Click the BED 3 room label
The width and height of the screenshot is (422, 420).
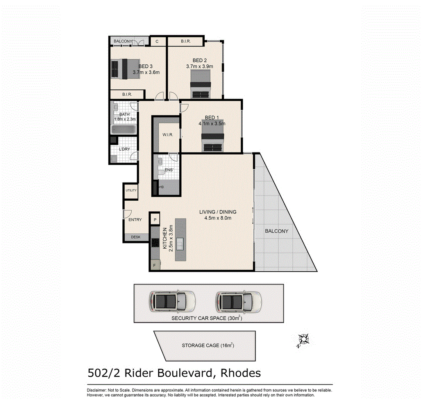click(145, 66)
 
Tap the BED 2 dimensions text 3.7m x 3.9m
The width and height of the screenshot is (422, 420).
click(199, 66)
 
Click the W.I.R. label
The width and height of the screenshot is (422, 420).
click(168, 135)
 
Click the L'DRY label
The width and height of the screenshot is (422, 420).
click(125, 149)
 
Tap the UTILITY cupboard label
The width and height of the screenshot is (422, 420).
click(131, 190)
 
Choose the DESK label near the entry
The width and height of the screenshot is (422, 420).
click(136, 237)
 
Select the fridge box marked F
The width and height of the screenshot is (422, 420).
click(155, 265)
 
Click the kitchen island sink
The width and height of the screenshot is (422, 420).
click(180, 244)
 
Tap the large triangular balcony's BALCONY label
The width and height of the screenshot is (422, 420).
click(277, 231)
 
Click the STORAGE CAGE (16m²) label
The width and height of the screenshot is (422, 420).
click(208, 345)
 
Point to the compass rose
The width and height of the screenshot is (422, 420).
click(303, 340)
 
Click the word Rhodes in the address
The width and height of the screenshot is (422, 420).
click(241, 373)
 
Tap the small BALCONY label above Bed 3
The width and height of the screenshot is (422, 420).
click(123, 41)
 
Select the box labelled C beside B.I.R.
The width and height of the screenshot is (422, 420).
click(157, 41)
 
